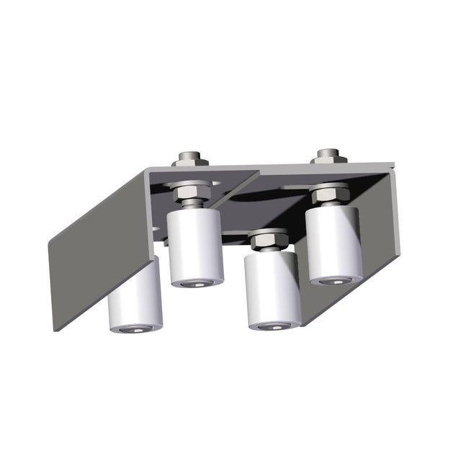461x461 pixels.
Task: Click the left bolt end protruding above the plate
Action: pyautogui.click(x=190, y=156)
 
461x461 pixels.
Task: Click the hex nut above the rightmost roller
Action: pyautogui.click(x=331, y=193)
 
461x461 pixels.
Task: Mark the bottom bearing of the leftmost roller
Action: pyautogui.click(x=135, y=328)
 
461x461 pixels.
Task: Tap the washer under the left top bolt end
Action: pyautogui.click(x=190, y=163)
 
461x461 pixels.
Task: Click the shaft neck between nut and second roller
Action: pyautogui.click(x=192, y=205)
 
